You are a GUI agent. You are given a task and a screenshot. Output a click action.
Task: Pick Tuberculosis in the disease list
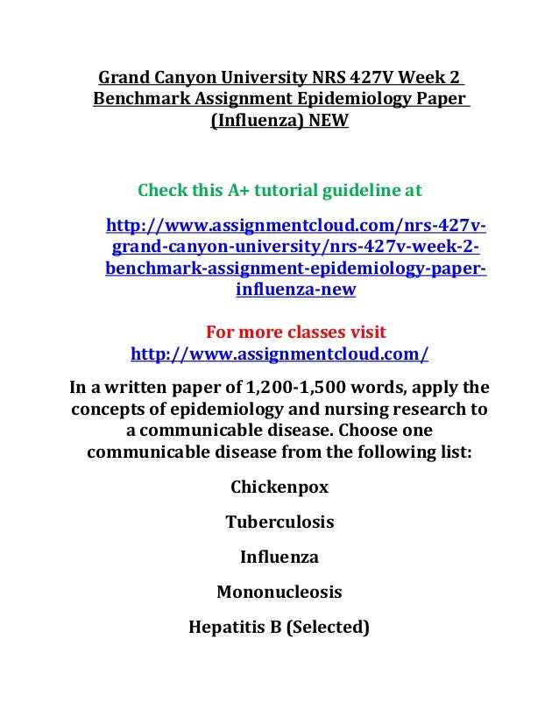pos(279,522)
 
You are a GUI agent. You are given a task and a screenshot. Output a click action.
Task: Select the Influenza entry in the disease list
pos(279,557)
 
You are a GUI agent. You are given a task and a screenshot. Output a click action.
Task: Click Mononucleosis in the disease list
pos(279,592)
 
